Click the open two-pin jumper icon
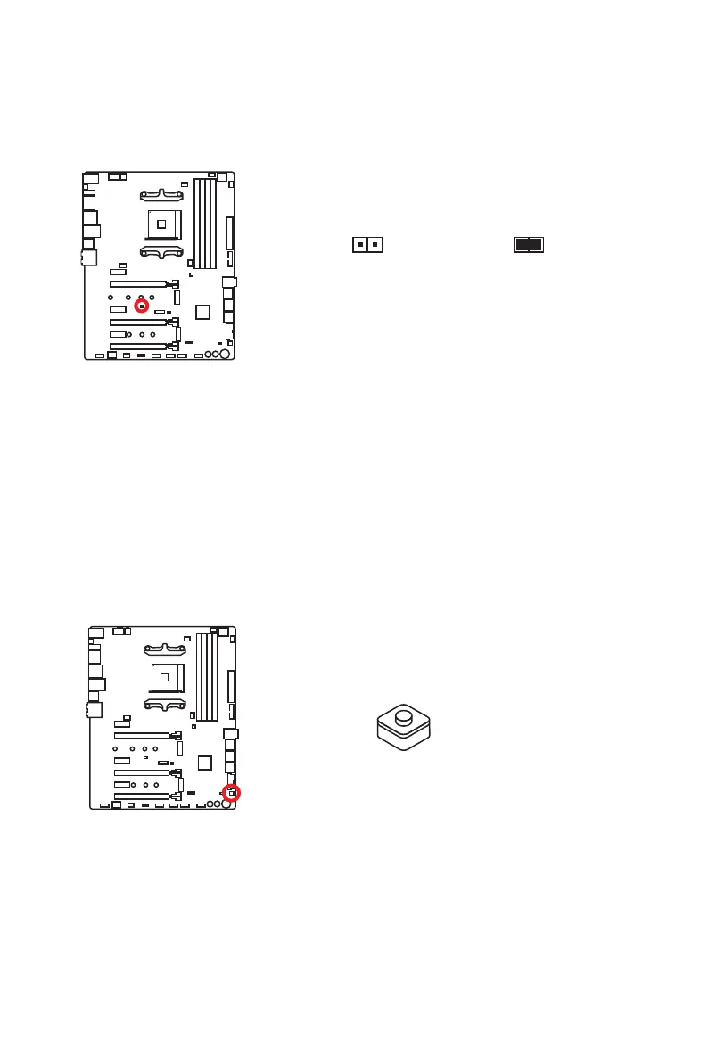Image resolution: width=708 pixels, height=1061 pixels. [x=366, y=244]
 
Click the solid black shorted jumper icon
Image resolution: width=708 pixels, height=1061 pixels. [x=529, y=244]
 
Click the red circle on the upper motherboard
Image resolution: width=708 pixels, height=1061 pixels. [x=141, y=306]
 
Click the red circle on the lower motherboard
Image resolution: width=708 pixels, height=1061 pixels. [x=231, y=792]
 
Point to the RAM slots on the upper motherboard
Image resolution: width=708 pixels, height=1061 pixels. [x=205, y=223]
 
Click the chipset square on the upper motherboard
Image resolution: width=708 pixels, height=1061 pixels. [x=203, y=311]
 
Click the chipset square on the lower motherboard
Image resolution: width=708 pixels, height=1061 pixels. [x=205, y=763]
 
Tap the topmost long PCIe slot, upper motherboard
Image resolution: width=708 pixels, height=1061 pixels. [x=138, y=283]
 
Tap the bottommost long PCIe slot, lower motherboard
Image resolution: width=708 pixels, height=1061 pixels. [x=142, y=796]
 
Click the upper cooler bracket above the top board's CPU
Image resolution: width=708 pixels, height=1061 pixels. [x=161, y=192]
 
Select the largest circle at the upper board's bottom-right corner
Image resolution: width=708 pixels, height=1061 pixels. [x=226, y=354]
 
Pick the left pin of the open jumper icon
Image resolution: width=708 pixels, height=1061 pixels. [x=359, y=244]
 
